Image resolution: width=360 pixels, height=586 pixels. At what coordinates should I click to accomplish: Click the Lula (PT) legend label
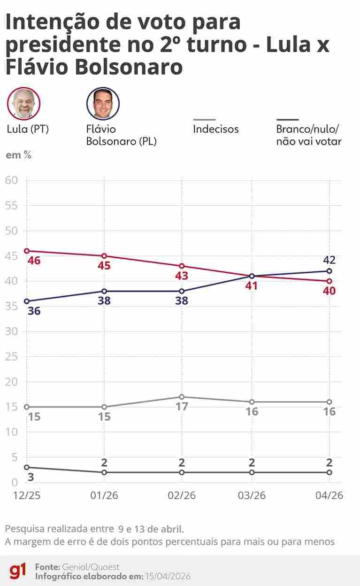click(x=28, y=129)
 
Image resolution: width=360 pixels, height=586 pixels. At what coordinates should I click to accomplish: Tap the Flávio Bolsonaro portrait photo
click(x=103, y=103)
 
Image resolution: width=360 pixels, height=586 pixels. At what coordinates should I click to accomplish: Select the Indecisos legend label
click(x=215, y=129)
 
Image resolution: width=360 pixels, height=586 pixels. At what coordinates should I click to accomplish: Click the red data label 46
click(x=34, y=261)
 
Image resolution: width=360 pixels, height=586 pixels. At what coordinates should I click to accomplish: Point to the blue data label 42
click(x=329, y=260)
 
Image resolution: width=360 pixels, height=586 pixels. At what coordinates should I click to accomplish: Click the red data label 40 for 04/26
click(x=329, y=291)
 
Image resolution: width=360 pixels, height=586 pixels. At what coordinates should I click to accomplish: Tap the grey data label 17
click(x=182, y=407)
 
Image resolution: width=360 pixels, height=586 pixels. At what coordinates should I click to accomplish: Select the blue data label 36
click(x=34, y=311)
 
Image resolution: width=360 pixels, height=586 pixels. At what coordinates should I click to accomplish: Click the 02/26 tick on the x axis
click(x=182, y=496)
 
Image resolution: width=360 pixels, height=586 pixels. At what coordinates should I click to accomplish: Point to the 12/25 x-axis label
click(x=27, y=496)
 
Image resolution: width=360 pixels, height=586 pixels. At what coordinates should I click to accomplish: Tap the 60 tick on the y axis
click(x=11, y=180)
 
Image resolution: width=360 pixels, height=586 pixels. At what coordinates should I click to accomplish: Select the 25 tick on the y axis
click(x=11, y=356)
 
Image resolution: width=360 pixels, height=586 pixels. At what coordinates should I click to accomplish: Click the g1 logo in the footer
click(x=18, y=571)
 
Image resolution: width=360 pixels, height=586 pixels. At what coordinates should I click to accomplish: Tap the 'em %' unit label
click(x=18, y=155)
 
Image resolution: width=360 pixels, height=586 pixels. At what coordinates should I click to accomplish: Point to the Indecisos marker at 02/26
click(x=182, y=397)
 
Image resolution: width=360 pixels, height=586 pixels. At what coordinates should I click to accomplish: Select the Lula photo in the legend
click(x=23, y=103)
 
